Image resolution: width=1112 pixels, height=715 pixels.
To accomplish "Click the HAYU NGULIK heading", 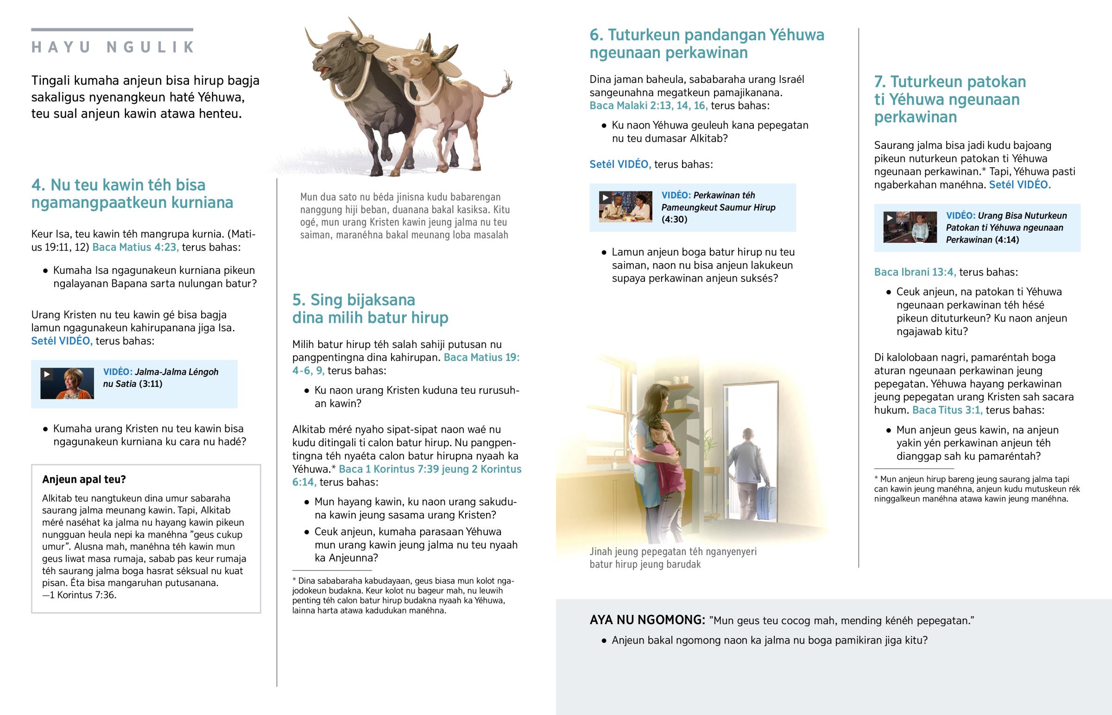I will (112, 47).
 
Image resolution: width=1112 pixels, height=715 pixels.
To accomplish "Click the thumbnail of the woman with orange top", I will (67, 384).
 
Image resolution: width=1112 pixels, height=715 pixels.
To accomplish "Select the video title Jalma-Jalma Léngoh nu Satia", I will (161, 378).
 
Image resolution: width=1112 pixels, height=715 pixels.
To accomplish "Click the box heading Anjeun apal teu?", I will (84, 479).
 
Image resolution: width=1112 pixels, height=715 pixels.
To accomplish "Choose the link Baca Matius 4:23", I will (135, 247).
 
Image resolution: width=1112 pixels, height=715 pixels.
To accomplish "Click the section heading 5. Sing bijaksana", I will (354, 300).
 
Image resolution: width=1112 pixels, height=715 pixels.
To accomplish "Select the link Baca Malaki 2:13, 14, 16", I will (648, 105).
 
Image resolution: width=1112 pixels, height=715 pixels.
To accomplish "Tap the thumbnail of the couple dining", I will (625, 207).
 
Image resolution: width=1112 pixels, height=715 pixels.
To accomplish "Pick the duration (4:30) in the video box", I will (674, 219).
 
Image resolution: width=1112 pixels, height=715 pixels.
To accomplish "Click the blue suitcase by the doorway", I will (767, 502).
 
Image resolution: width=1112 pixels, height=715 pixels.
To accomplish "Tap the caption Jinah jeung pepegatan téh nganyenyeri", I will (673, 551).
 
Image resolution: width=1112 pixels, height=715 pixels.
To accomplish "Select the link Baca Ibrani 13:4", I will (915, 272).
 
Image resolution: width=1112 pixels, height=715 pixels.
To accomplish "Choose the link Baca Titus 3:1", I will (947, 410).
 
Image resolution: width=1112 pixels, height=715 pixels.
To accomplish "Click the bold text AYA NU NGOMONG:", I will (647, 620).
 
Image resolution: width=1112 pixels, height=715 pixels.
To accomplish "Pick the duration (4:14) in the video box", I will (1006, 240).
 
